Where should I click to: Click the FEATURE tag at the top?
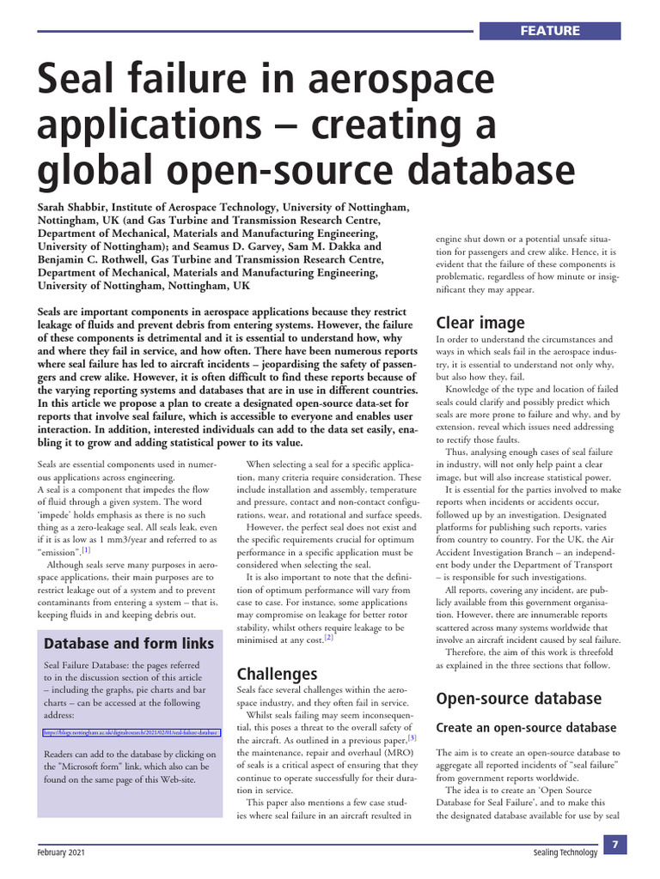550,31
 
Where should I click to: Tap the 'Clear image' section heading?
480,323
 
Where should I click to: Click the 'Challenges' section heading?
277,674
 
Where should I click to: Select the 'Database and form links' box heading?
129,643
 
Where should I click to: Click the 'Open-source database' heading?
518,698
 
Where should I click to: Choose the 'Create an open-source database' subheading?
526,728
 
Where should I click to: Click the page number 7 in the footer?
615,846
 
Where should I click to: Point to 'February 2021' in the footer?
60,852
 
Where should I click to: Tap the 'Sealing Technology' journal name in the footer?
565,852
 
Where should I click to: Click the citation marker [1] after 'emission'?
86,550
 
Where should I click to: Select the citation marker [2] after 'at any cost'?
328,637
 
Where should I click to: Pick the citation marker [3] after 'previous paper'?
412,737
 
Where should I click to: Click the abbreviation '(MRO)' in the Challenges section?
400,753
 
